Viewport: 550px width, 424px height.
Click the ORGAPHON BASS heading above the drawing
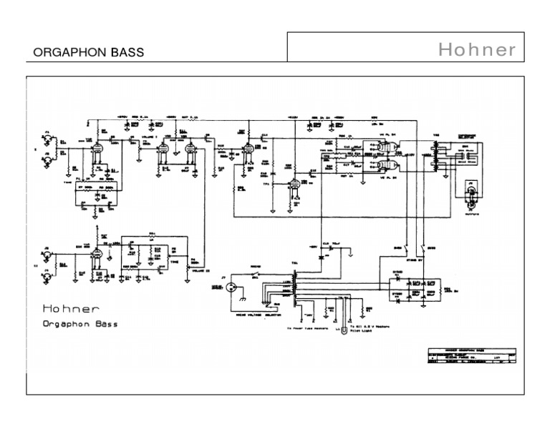coord(89,53)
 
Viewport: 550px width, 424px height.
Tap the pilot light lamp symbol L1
coord(344,330)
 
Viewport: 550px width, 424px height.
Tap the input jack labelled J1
coord(48,137)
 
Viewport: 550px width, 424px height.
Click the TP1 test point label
coord(267,184)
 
